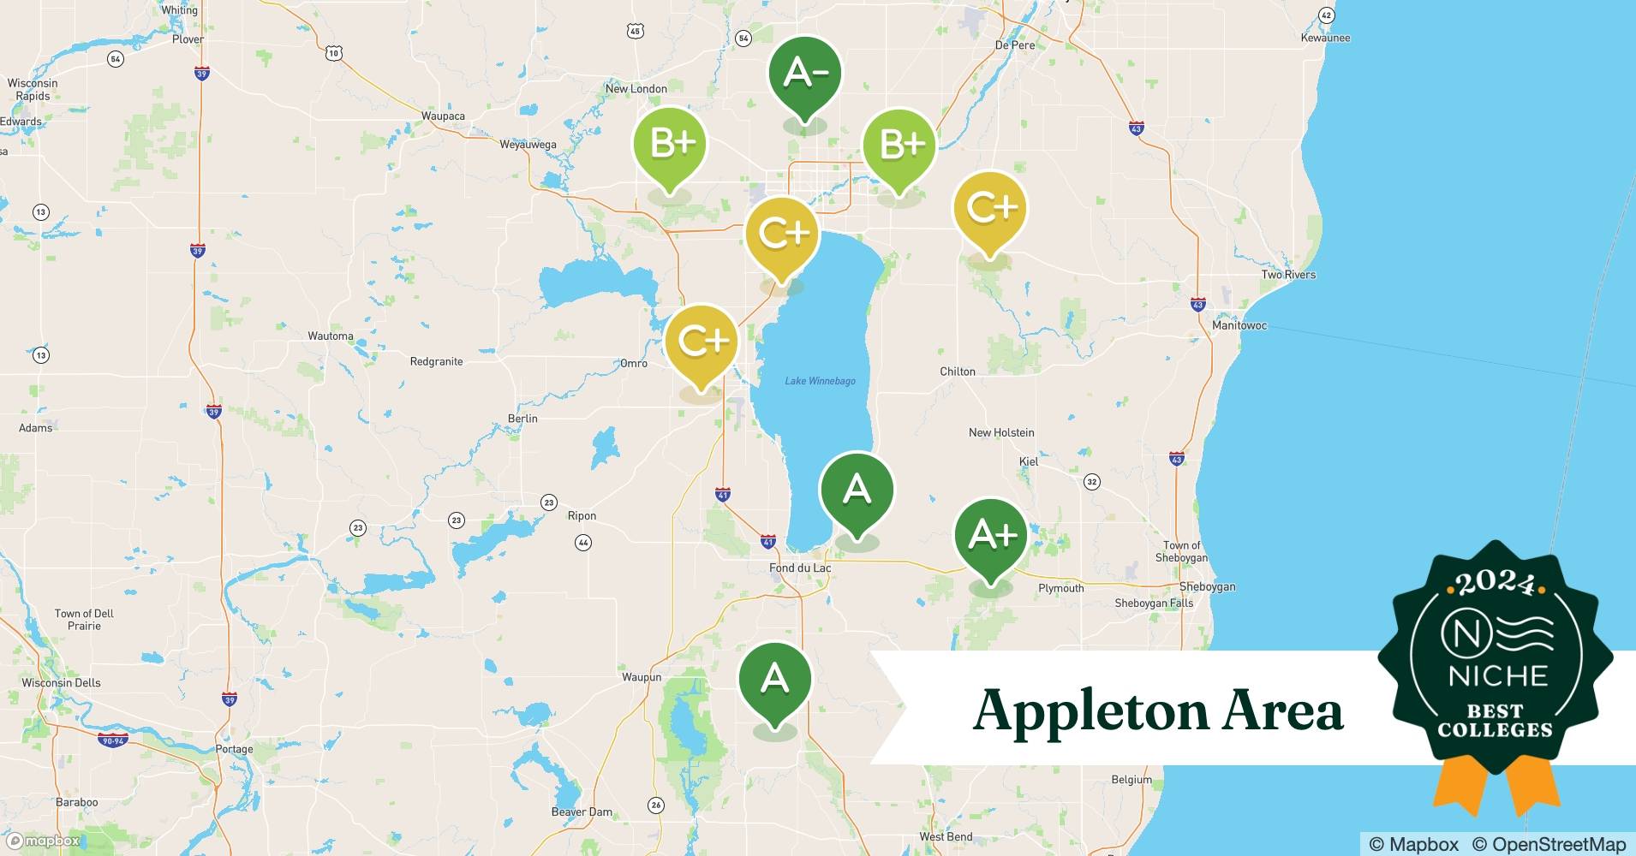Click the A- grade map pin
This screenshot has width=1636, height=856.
point(804,74)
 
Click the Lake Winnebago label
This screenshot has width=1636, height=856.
point(820,381)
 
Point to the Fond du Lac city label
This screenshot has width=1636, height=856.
point(800,568)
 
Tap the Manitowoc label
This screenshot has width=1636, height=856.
point(1239,325)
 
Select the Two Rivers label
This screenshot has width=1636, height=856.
point(1287,275)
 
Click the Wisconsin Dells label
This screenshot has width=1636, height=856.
point(61,683)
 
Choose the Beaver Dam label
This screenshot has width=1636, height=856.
point(582,811)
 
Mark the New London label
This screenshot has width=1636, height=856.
point(636,88)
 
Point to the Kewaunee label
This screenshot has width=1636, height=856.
point(1325,38)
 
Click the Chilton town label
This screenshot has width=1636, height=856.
point(957,372)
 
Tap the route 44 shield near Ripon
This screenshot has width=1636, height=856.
point(582,543)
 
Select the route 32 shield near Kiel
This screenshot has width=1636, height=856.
point(1091,482)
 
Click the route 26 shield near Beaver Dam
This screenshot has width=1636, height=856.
point(656,805)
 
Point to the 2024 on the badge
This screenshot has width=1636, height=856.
point(1495,584)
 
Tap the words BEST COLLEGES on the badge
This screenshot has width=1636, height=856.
point(1495,721)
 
